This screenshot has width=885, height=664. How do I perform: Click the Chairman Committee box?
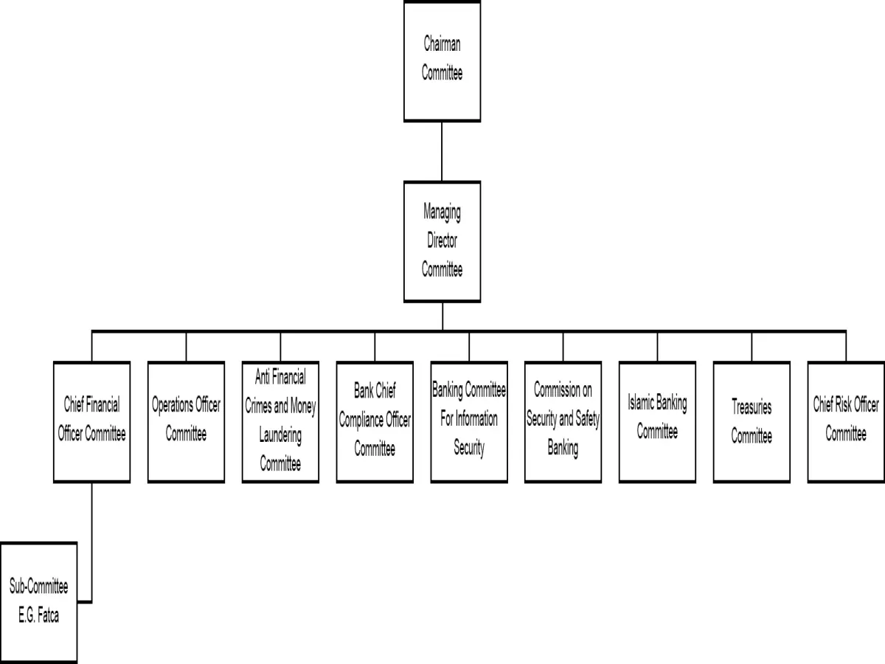442,61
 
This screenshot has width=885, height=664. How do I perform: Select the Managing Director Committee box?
442,242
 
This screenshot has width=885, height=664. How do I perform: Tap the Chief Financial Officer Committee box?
92,422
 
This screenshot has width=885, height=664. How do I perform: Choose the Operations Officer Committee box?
187,422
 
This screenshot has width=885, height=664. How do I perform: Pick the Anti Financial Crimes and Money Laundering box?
281,422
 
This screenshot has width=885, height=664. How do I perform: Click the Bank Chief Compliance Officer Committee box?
375,422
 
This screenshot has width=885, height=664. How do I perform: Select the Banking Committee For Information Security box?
469,422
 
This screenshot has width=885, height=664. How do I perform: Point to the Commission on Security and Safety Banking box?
563,422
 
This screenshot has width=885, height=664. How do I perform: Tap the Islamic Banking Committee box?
658,422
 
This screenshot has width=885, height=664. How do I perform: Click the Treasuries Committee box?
752,422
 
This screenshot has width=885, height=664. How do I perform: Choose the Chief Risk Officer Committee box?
847,422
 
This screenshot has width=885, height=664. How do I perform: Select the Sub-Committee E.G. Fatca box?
38,603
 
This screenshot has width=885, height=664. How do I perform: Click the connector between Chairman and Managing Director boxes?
442,151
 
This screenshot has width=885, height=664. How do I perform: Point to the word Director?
442,241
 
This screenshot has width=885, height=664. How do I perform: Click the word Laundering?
280,435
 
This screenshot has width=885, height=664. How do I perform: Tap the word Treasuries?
752,407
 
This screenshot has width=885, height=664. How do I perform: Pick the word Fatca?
49,615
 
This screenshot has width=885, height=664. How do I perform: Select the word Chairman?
442,44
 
